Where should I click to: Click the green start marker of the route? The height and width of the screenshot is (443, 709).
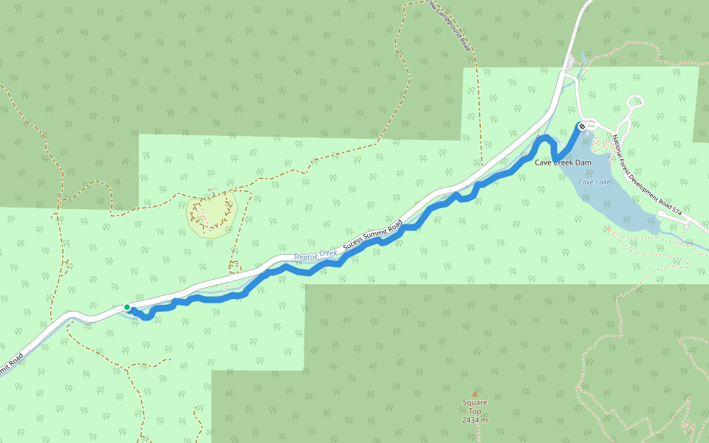tap(127, 307)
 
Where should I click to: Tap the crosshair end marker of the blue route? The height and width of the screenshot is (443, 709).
tap(583, 126)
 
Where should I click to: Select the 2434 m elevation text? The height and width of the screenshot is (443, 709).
tap(475, 420)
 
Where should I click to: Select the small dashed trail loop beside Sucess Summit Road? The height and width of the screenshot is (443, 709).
tap(235, 266)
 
